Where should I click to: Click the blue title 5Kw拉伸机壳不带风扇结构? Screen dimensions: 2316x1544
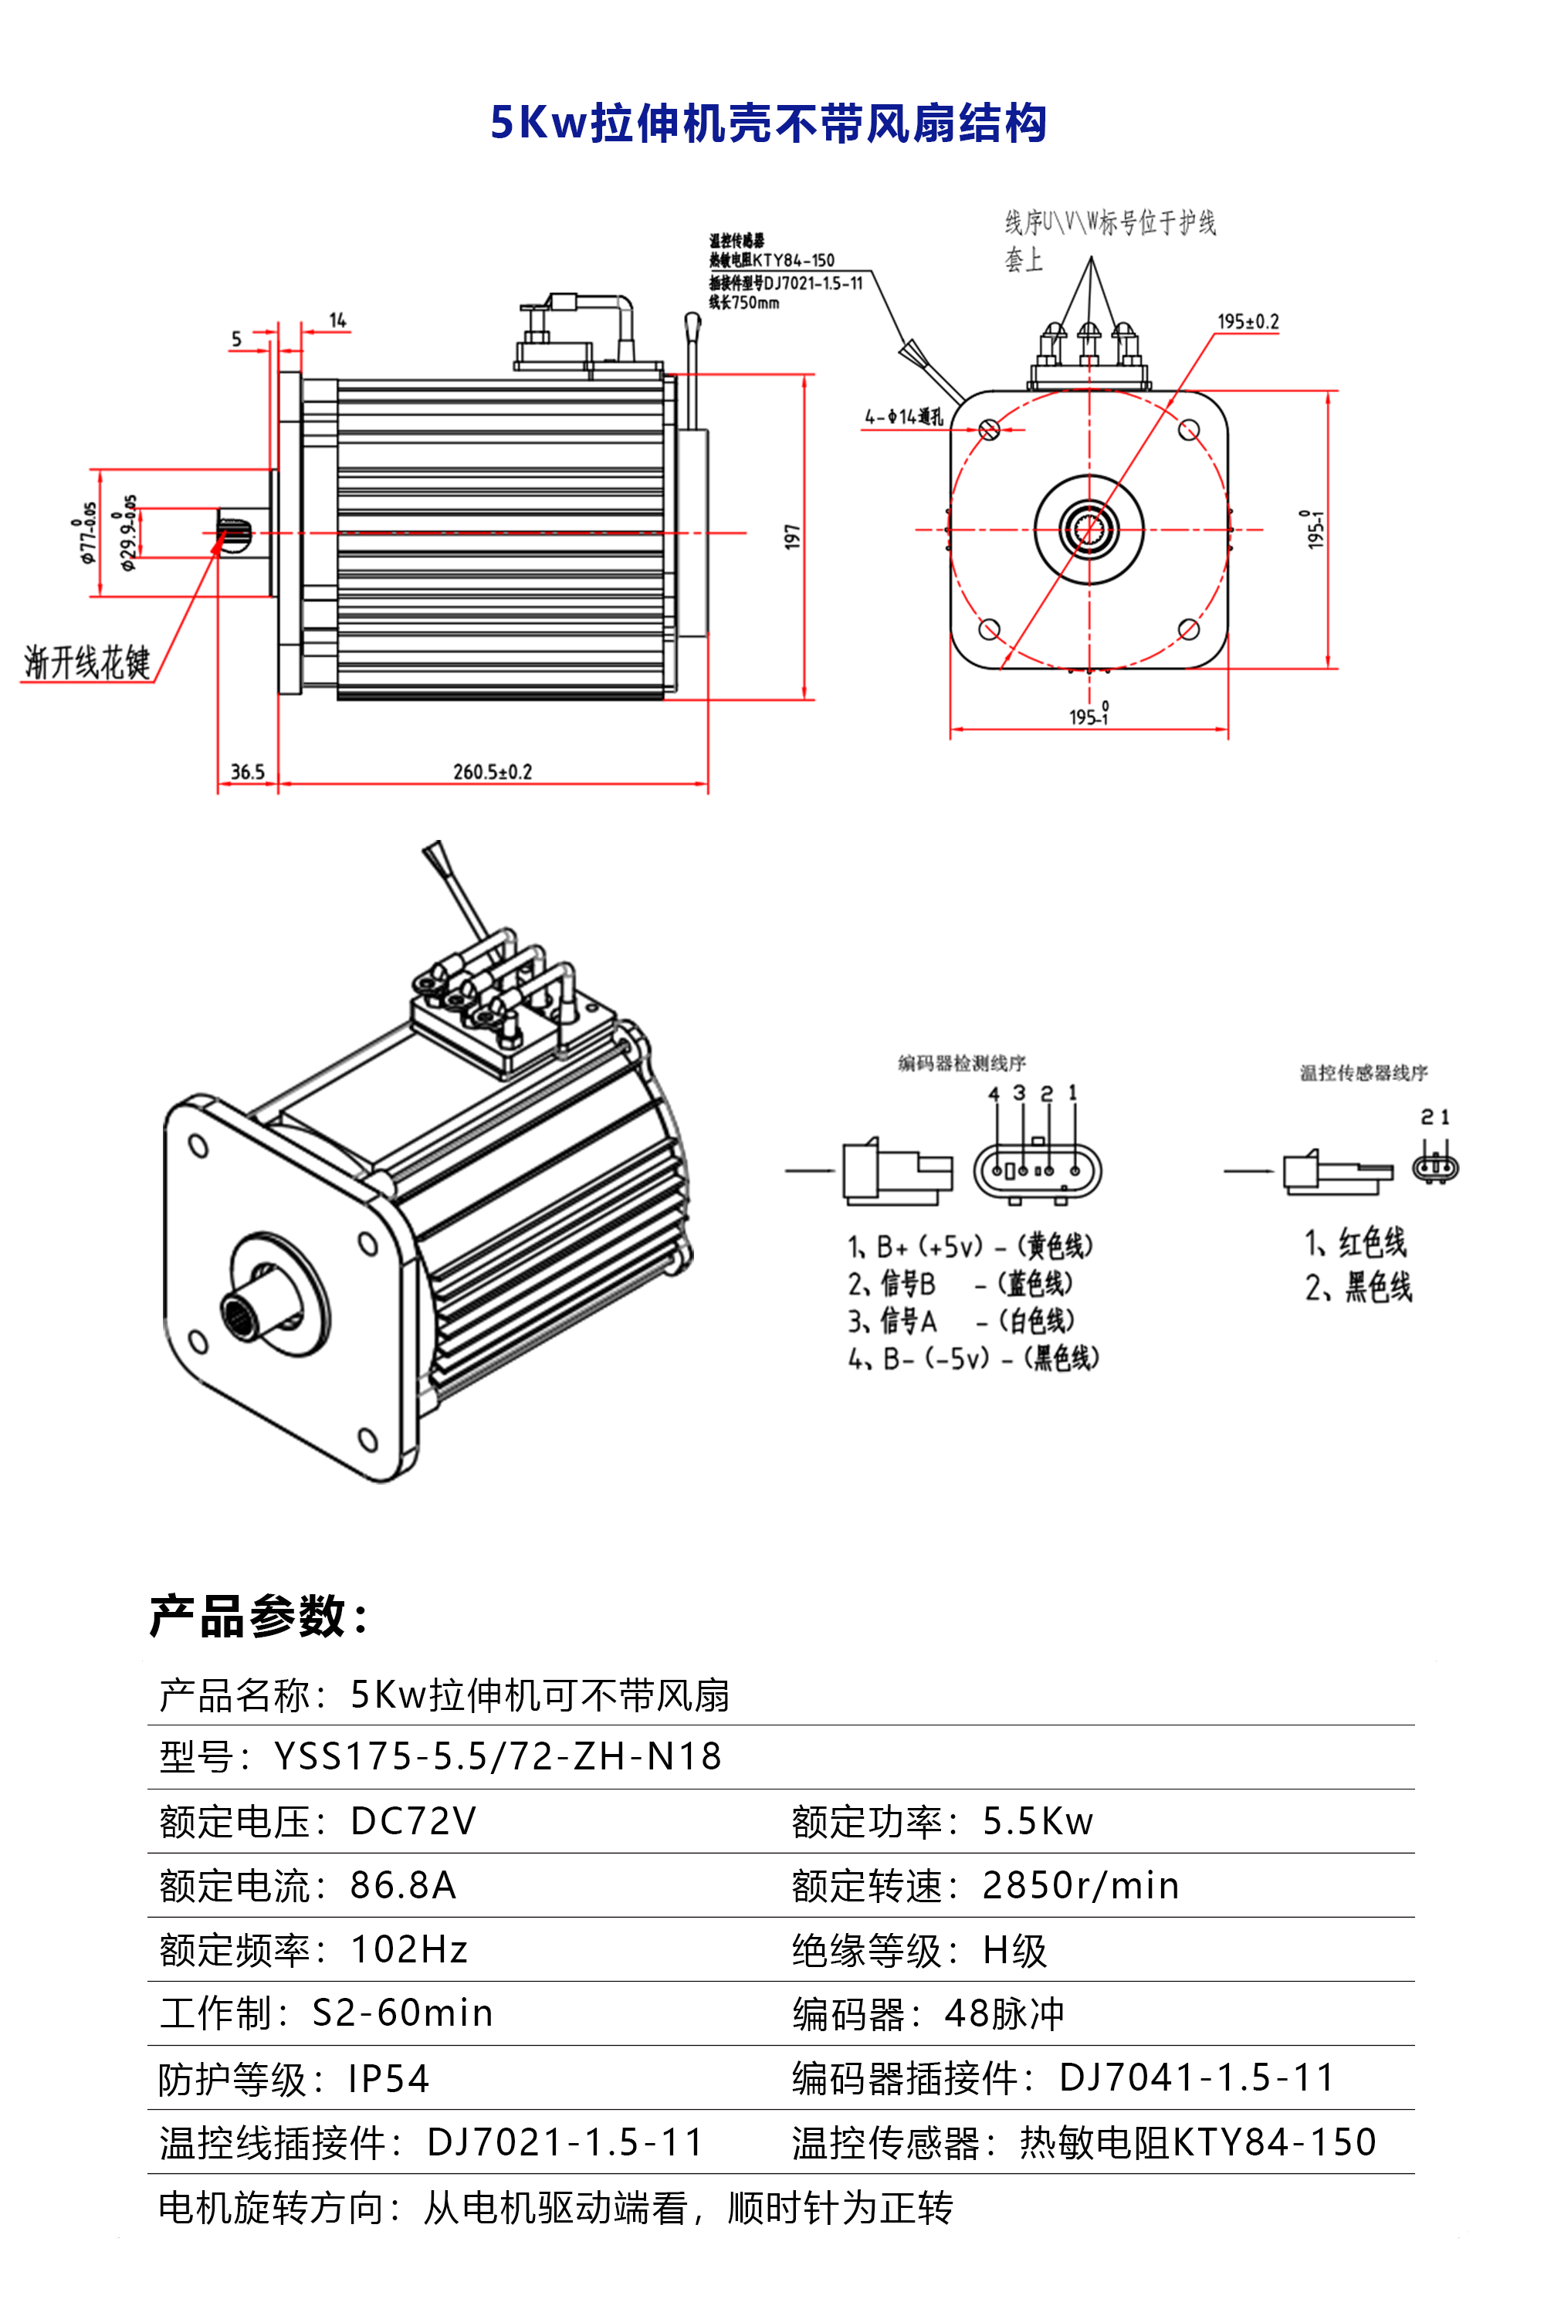coord(768,124)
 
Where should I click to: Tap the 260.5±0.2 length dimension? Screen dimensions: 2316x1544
coord(493,772)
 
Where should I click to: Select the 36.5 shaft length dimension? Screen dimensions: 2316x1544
coord(247,772)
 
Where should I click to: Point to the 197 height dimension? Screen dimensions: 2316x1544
coord(793,537)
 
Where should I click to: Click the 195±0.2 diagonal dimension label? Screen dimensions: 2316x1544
coord(1248,322)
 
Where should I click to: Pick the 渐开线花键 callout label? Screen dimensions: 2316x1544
coord(86,662)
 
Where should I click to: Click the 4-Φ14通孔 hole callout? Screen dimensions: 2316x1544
coord(903,418)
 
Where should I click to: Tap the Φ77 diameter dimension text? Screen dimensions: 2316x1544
coord(89,533)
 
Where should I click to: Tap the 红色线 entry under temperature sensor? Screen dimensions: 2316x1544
coord(1371,1243)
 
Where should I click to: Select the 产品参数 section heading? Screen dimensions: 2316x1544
coord(259,1616)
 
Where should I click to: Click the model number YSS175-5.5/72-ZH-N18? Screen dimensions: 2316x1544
coord(497,1758)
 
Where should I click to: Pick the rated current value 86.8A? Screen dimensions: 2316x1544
coord(403,1886)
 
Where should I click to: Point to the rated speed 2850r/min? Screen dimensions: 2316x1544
coord(1080,1886)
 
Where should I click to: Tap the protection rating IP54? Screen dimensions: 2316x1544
coord(389,2079)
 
